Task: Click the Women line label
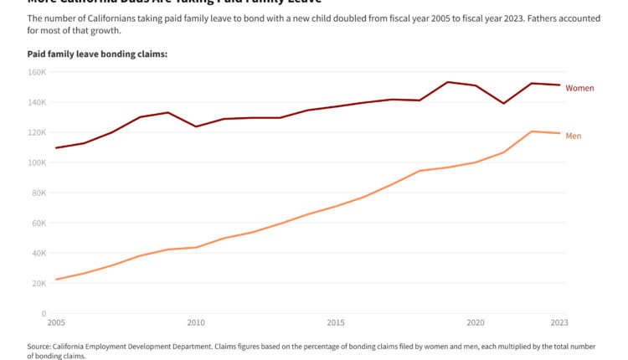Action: coord(579,88)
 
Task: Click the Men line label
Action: coord(574,136)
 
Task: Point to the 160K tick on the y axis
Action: coord(37,72)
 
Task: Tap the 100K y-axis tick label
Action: coord(37,162)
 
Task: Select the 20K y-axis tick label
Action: coord(39,284)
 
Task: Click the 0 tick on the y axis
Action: coord(44,314)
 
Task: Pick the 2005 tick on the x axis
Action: coord(56,323)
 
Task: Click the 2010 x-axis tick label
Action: coord(196,323)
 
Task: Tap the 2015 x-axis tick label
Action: coord(336,323)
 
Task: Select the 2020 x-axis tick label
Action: coord(476,323)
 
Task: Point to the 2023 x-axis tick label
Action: coord(559,323)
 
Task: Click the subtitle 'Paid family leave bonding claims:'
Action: coord(97,54)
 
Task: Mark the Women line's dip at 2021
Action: coord(503,103)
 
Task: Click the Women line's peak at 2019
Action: coord(448,82)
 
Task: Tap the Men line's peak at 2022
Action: coord(532,131)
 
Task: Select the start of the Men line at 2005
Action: coord(56,280)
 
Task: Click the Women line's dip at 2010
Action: coord(196,126)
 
